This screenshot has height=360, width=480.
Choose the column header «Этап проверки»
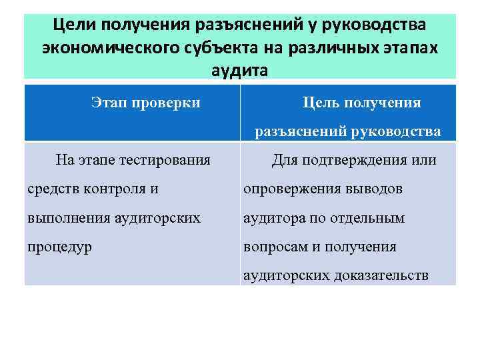(x=145, y=103)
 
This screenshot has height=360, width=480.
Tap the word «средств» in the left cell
(x=51, y=189)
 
